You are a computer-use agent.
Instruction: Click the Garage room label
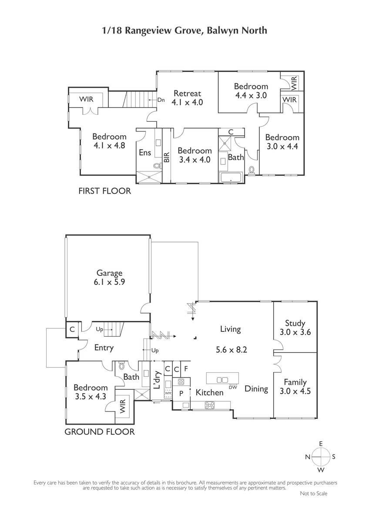(x=109, y=273)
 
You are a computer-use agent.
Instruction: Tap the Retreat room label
(x=187, y=93)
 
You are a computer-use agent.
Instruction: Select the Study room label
(x=295, y=323)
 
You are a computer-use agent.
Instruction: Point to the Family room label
(x=295, y=382)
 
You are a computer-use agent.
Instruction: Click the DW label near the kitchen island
(x=233, y=387)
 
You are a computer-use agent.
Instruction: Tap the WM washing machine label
(x=168, y=393)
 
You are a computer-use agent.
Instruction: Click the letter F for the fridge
(x=186, y=369)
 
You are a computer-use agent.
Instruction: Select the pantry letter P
(x=181, y=393)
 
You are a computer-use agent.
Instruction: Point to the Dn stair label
(x=161, y=100)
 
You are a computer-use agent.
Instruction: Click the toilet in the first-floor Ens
(x=158, y=166)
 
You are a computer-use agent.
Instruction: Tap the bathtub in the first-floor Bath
(x=231, y=178)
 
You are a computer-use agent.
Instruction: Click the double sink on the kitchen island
(x=222, y=380)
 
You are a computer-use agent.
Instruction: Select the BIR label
(x=167, y=157)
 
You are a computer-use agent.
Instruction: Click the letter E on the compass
(x=321, y=444)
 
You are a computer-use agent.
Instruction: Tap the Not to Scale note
(x=314, y=493)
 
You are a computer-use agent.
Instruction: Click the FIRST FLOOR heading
(x=105, y=191)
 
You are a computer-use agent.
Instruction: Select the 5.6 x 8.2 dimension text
(x=231, y=350)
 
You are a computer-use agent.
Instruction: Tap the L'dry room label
(x=158, y=380)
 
